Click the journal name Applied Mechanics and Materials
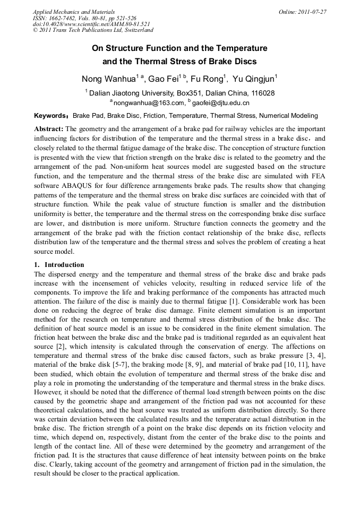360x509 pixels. point(73,12)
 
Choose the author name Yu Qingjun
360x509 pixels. point(253,80)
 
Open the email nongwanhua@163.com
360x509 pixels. point(145,102)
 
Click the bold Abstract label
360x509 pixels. point(49,129)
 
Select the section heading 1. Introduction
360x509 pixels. point(59,265)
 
